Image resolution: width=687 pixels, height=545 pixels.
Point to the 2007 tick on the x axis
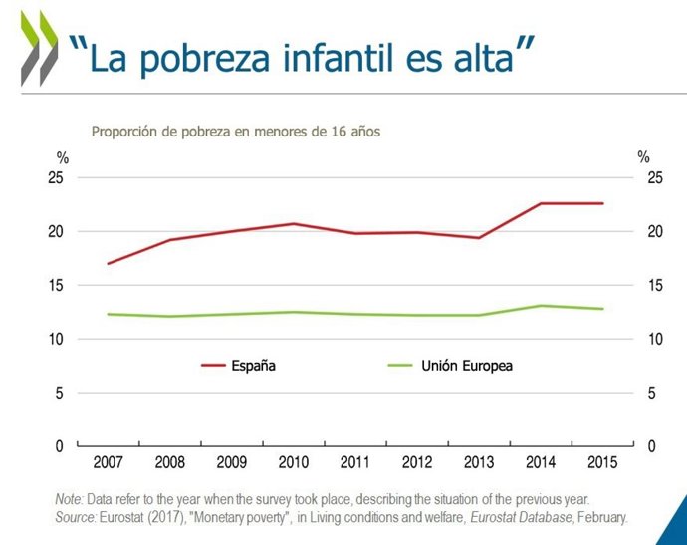click(x=109, y=463)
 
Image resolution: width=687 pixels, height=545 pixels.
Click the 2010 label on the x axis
click(x=294, y=463)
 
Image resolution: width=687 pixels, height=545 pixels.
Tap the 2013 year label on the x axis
click(x=479, y=463)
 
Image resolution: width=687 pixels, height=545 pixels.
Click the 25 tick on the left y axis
click(x=57, y=178)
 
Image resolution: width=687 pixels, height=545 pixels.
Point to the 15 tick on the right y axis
click(x=655, y=286)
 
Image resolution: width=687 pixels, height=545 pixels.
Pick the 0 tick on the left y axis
click(x=61, y=446)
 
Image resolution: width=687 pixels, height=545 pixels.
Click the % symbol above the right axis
click(x=643, y=157)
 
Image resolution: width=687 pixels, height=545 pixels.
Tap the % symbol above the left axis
click(x=62, y=157)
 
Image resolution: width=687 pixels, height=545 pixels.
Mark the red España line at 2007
click(x=109, y=264)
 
